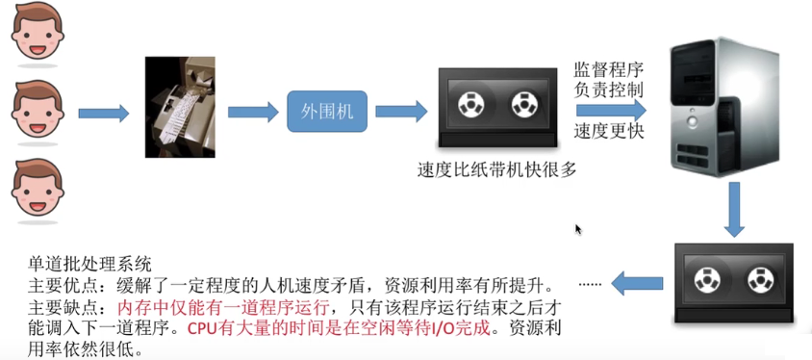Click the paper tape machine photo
pyautogui.click(x=177, y=107)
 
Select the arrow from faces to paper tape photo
pyautogui.click(x=103, y=114)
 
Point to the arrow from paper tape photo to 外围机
pyautogui.click(x=252, y=112)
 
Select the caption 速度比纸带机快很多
pyautogui.click(x=496, y=170)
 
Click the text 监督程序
pyautogui.click(x=608, y=69)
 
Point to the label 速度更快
pyautogui.click(x=608, y=131)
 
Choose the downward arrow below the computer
pyautogui.click(x=736, y=210)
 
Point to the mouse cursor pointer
pyautogui.click(x=578, y=230)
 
